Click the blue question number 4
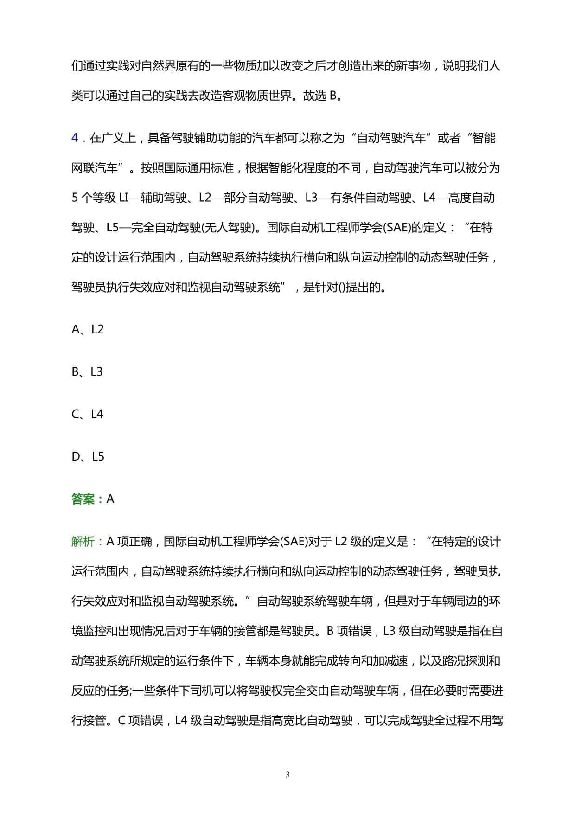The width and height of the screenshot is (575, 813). [75, 138]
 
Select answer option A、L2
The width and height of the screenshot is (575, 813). [88, 329]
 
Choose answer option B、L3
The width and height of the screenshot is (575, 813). [87, 372]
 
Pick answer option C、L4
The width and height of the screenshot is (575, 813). [88, 414]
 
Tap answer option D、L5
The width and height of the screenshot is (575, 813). [88, 457]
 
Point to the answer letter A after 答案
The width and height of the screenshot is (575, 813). [110, 499]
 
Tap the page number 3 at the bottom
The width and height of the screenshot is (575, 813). [287, 775]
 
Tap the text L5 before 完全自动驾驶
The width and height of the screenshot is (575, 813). [113, 228]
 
